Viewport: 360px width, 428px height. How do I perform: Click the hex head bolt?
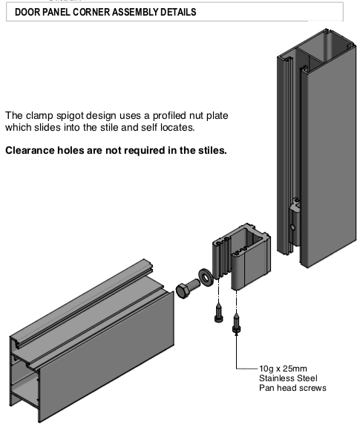[188, 289]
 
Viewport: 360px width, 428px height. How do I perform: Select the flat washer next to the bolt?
[206, 278]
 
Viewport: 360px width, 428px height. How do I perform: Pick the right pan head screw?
[237, 324]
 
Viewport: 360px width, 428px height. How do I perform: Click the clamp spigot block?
[242, 256]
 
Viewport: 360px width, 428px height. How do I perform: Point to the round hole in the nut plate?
[292, 227]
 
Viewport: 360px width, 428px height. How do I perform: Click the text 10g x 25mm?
[283, 369]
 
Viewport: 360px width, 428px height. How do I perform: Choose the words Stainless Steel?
[288, 378]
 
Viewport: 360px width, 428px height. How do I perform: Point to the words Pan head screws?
[292, 388]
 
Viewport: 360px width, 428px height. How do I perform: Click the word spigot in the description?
[71, 116]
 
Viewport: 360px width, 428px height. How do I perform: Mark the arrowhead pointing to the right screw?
[237, 334]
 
